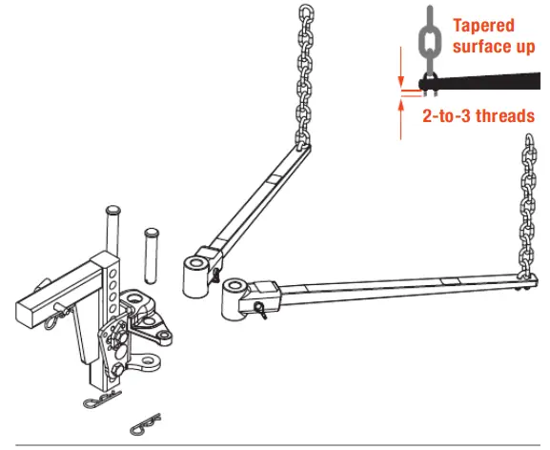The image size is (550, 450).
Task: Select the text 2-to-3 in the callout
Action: [x=445, y=116]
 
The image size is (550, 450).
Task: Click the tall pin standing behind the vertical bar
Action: [x=113, y=229]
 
